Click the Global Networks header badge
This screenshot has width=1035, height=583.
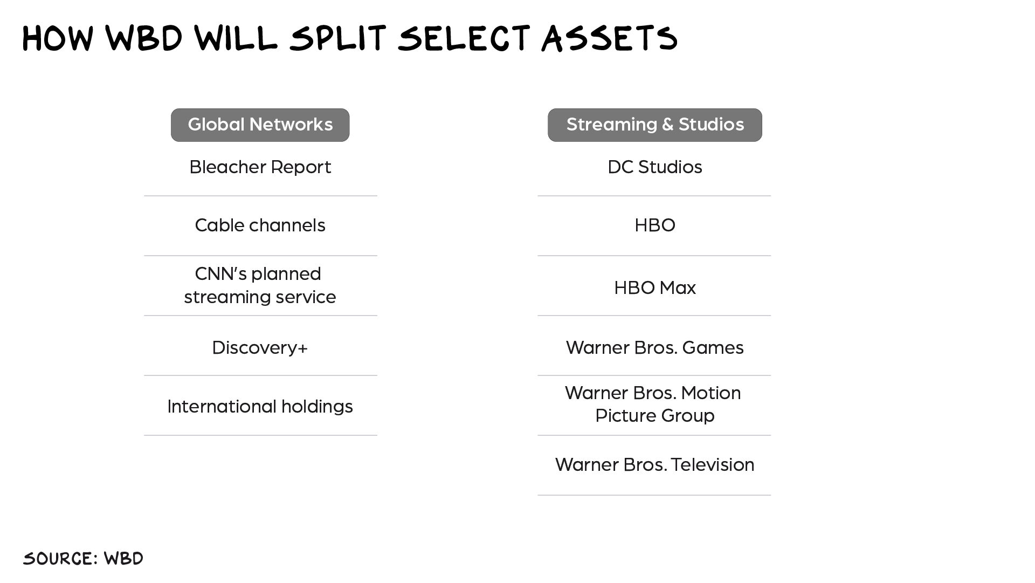(260, 125)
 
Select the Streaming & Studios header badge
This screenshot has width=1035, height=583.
(654, 125)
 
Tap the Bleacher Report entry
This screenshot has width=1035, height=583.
(260, 167)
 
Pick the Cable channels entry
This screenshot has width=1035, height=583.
(260, 225)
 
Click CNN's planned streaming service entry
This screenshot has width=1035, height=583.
(260, 285)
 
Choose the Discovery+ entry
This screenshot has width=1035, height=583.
(260, 348)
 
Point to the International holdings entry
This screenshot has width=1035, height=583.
(260, 406)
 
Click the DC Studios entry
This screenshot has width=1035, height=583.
(654, 167)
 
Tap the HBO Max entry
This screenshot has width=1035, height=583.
(654, 288)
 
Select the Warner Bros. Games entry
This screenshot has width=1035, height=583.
(654, 348)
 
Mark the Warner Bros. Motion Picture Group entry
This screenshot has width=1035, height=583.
(653, 404)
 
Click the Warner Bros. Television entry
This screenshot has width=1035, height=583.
(654, 465)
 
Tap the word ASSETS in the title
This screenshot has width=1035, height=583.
(609, 38)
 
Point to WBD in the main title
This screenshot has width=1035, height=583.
(144, 38)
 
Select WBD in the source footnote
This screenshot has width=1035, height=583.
(123, 559)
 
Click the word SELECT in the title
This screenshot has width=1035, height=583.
(464, 38)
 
